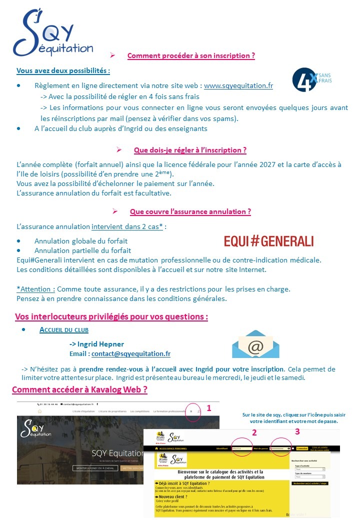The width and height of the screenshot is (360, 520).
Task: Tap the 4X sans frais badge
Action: pos(311,80)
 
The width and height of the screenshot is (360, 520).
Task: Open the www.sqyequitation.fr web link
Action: pos(238,85)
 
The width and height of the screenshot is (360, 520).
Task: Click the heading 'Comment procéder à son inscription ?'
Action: pos(191,55)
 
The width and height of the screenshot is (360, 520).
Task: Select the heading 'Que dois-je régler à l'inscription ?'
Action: pos(190,150)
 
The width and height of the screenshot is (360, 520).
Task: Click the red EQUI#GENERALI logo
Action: pos(269,241)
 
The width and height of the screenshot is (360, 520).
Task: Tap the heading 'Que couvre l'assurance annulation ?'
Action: pos(190,211)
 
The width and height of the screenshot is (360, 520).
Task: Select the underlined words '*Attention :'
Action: pos(36,289)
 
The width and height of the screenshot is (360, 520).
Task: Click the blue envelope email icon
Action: pos(255,344)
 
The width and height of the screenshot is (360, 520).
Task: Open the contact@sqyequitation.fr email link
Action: pos(131,353)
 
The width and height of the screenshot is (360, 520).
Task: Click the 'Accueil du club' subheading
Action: pos(64,330)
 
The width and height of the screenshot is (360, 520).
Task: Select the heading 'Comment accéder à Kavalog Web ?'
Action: pos(79,389)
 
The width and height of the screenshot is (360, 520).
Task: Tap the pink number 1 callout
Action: pos(209,408)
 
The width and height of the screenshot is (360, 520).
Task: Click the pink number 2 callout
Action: pos(254,433)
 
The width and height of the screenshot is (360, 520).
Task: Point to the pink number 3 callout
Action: pos(297,431)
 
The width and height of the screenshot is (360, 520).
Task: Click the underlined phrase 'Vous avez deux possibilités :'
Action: pos(63,71)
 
